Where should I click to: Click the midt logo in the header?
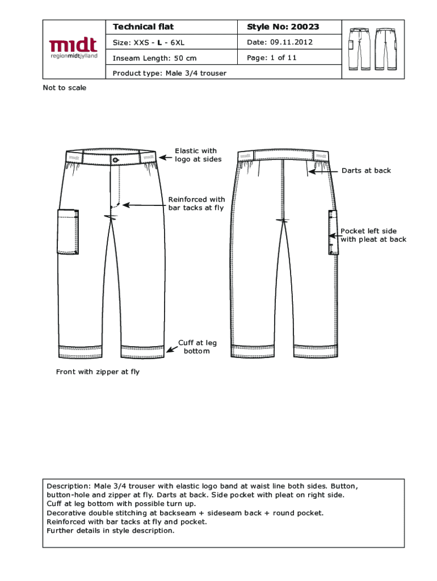73,49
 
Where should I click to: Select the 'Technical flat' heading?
143,27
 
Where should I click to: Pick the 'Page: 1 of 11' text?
272,57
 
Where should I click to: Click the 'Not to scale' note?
65,88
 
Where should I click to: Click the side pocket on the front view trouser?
68,232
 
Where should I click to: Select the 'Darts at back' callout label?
366,170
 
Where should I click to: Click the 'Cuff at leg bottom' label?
197,347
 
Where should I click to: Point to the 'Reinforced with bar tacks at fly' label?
196,203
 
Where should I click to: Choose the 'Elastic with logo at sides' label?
195,155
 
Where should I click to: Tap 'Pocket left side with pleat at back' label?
373,235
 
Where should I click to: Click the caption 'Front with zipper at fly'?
98,372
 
